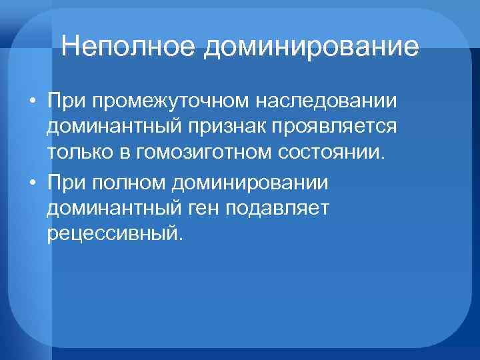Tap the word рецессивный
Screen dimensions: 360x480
pos(114,233)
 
